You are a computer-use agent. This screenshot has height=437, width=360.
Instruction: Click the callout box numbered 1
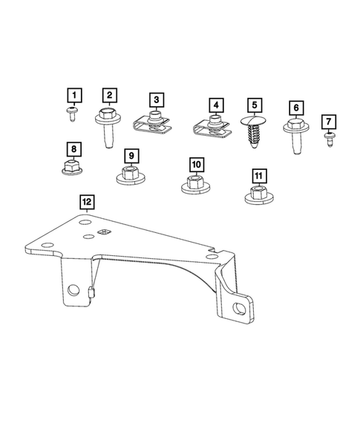point(73,96)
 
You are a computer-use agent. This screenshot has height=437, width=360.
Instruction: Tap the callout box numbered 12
point(87,201)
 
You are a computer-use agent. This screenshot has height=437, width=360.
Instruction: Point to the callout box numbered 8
point(73,148)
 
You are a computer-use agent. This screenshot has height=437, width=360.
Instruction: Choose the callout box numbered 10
point(194,163)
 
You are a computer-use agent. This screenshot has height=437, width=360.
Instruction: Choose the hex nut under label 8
point(73,168)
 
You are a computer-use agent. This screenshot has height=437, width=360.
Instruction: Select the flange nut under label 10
point(194,183)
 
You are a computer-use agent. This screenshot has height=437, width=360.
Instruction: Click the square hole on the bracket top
point(105,233)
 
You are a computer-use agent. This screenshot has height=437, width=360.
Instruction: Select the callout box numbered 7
point(328,121)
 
